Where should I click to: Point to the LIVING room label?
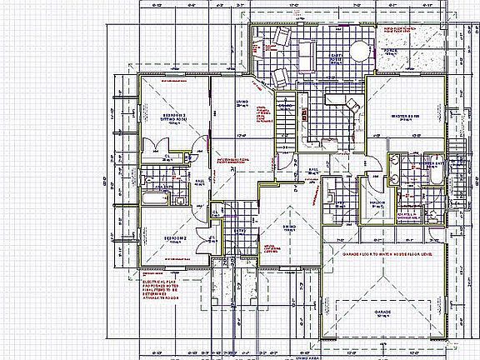point(242,105)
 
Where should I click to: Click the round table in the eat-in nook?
point(359,49)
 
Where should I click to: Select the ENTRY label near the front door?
point(240,231)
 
